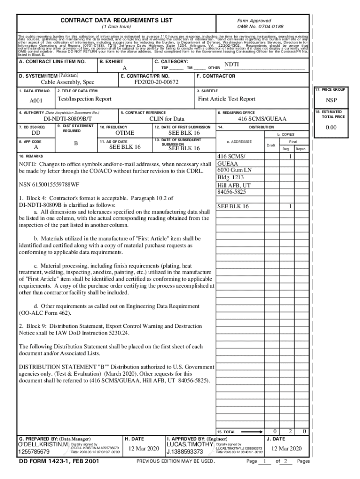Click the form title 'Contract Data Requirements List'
(x=116, y=20)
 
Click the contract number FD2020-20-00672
(x=156, y=82)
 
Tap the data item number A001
(x=36, y=101)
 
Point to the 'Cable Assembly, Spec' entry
(x=67, y=82)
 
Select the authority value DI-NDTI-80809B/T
(x=68, y=119)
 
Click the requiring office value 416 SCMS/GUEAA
(x=262, y=119)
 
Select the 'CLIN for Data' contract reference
(x=166, y=119)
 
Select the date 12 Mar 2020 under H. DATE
(x=144, y=449)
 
